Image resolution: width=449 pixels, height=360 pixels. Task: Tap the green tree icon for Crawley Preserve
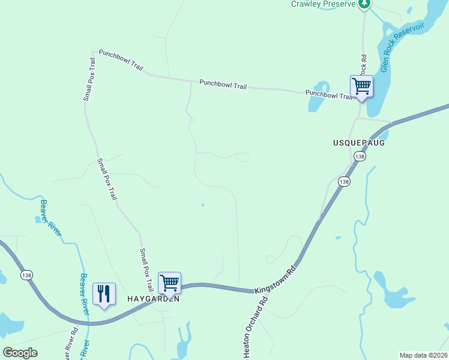coord(364,4)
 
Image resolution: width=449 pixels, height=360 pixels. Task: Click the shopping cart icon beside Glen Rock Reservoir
coord(361,86)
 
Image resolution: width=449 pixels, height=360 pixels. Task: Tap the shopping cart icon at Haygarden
coord(169,282)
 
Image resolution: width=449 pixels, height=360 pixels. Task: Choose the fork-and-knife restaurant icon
coord(104,294)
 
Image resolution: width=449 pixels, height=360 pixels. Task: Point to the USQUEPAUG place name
coord(358,143)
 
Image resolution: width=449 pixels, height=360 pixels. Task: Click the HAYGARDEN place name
coord(153,298)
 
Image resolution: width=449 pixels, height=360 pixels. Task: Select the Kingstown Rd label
coord(276,279)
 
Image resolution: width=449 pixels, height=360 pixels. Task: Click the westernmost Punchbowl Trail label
coord(121,61)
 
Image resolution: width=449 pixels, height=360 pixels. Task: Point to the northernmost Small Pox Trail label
coord(89,79)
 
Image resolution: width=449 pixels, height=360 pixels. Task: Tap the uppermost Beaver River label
coord(52,218)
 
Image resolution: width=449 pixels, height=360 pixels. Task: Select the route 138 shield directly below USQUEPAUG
coord(359,157)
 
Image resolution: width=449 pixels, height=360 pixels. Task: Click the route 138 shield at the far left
coord(26,275)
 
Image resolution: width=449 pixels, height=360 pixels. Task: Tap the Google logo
coord(20,353)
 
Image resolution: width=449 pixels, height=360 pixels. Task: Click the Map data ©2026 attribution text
coord(423,355)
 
